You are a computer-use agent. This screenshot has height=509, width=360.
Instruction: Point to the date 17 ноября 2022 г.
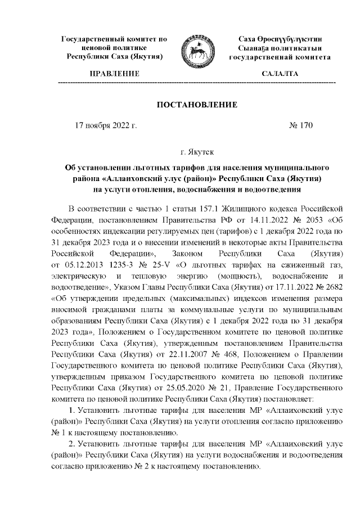106,125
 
